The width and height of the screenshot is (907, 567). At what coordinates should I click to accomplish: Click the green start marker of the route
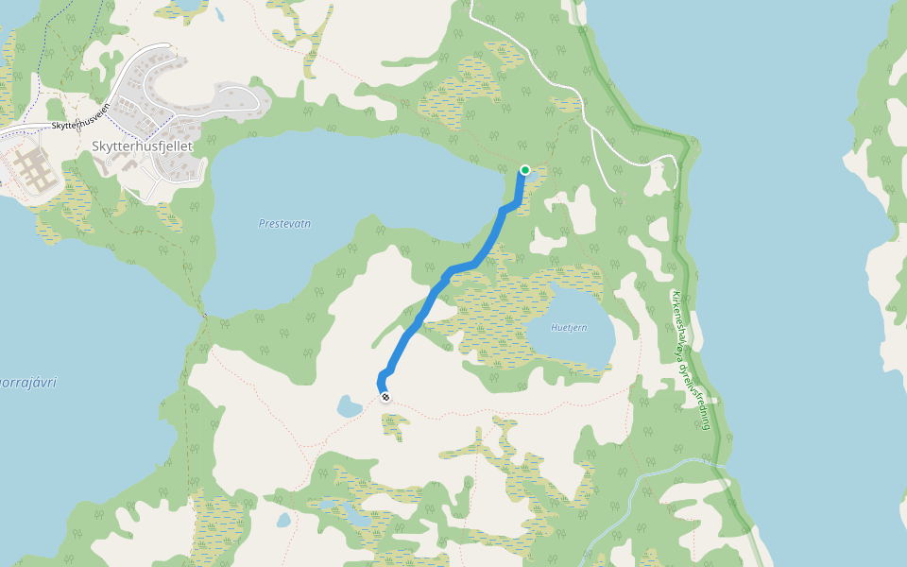point(525,170)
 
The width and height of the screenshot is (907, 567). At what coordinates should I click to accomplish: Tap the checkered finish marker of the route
point(385,397)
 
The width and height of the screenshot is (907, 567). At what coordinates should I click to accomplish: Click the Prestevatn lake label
point(284,224)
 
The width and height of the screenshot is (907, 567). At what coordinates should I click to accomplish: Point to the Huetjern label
point(570,328)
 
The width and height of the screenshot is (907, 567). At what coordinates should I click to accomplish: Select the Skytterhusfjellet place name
point(142,146)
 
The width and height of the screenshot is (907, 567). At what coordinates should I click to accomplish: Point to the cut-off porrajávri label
point(28,383)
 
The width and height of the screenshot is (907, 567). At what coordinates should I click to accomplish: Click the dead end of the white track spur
point(616,191)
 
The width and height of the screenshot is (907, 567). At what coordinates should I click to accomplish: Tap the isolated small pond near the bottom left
point(283,520)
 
